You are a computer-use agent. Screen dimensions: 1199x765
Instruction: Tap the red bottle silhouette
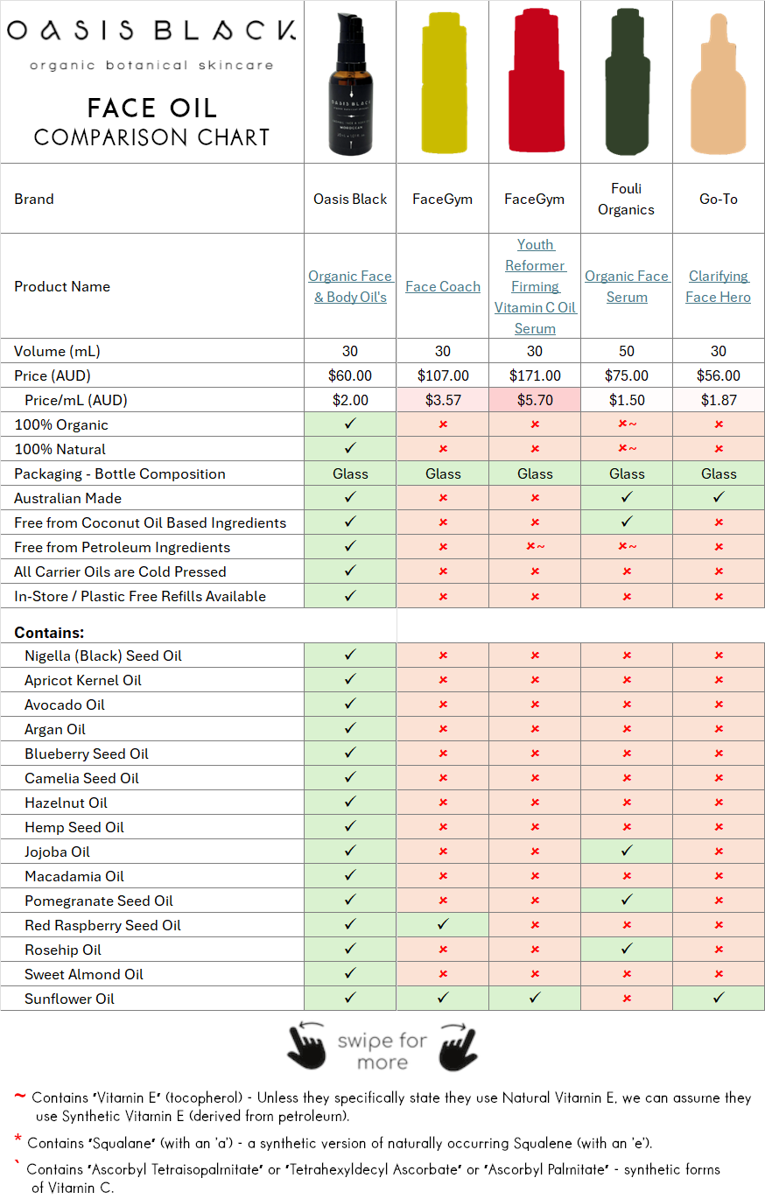535,83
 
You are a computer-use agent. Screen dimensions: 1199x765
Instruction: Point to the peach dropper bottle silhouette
719,96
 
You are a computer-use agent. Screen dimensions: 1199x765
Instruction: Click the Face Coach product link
443,286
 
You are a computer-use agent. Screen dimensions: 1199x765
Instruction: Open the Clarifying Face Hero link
719,286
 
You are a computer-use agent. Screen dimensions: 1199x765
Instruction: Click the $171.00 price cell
535,375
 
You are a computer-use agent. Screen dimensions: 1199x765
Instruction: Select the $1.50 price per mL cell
627,400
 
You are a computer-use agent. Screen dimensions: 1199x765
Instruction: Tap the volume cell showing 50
627,351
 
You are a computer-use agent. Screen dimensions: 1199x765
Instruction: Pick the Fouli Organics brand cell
627,199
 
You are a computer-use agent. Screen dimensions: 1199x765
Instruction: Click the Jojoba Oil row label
58,852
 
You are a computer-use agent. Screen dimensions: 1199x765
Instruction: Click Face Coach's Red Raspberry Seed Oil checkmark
443,925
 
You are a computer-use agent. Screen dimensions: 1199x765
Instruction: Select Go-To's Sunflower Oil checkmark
719,999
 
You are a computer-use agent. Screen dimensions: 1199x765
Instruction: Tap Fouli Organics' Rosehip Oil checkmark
627,950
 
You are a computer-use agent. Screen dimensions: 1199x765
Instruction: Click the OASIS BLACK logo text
151,32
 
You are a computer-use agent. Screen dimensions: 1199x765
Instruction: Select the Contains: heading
49,632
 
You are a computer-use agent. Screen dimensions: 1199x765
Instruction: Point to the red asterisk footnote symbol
18,1140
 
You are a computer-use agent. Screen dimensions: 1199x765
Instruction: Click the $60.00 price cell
350,375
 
